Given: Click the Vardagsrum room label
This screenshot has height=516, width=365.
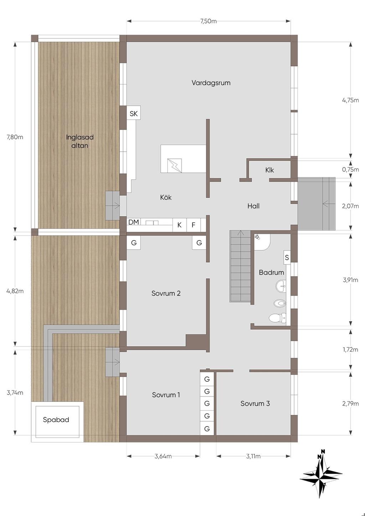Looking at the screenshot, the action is pyautogui.click(x=211, y=83).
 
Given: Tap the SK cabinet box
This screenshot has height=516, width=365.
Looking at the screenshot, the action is pyautogui.click(x=134, y=113).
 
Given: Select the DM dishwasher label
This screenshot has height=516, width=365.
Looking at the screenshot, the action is pyautogui.click(x=134, y=222).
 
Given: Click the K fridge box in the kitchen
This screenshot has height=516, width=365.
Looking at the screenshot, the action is pyautogui.click(x=180, y=225).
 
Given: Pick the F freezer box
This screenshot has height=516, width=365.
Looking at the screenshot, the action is pyautogui.click(x=194, y=225).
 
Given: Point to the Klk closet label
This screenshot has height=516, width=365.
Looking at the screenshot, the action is pyautogui.click(x=269, y=170).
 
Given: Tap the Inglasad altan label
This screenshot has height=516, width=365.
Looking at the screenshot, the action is pyautogui.click(x=80, y=141).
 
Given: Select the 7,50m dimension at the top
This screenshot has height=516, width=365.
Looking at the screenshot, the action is pyautogui.click(x=208, y=21).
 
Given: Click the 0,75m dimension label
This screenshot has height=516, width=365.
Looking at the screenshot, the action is pyautogui.click(x=350, y=170).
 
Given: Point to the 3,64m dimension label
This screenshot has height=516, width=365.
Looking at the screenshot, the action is pyautogui.click(x=163, y=456).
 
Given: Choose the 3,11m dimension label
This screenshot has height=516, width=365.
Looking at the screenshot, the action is pyautogui.click(x=253, y=456).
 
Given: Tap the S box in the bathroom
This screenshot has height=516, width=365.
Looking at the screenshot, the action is pyautogui.click(x=287, y=258).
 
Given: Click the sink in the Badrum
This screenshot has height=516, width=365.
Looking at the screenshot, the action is pyautogui.click(x=281, y=287).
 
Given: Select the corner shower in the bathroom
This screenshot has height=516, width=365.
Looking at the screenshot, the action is pyautogui.click(x=262, y=242).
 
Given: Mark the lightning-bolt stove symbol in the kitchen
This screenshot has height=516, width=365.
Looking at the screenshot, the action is pyautogui.click(x=174, y=166).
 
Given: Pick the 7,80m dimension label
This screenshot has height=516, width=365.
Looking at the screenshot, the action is pyautogui.click(x=15, y=137).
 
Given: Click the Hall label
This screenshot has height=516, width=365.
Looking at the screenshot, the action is pyautogui.click(x=253, y=206).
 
